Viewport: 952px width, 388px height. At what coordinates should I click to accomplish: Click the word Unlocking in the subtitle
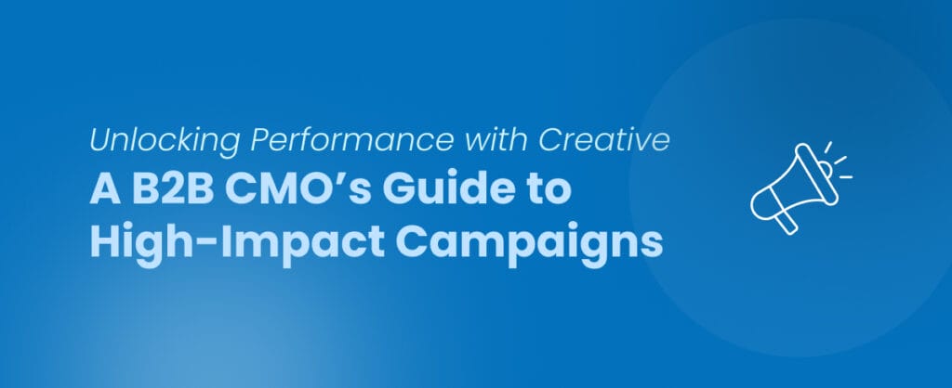coord(142,142)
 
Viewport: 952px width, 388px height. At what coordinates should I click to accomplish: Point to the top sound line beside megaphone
coord(827,149)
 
